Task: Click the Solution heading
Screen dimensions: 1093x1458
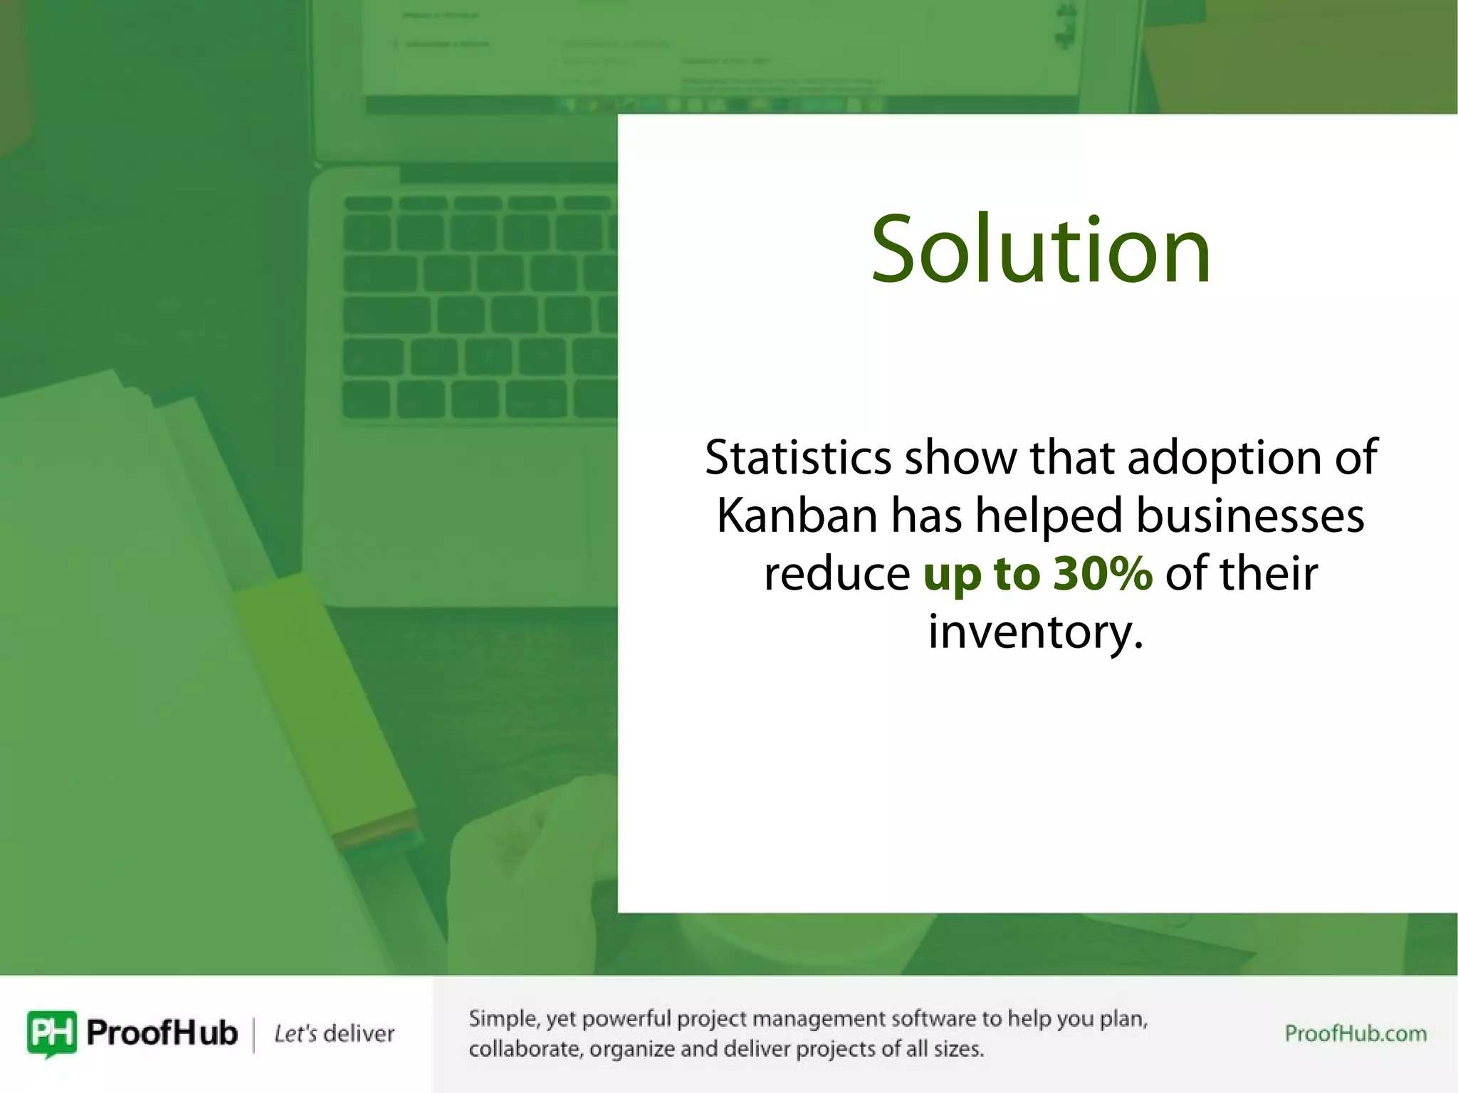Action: pos(1040,250)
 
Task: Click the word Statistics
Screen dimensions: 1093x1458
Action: pos(797,457)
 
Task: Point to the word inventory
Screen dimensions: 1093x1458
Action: pos(1029,632)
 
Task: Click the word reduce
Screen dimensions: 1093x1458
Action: pos(836,573)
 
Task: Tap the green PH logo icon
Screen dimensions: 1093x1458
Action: pos(51,1032)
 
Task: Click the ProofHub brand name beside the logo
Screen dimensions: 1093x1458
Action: pos(162,1032)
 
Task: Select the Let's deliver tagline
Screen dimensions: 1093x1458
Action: pos(334,1033)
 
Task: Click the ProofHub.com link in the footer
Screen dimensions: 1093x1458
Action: pos(1355,1033)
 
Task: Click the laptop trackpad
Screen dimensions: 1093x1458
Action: pos(456,513)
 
